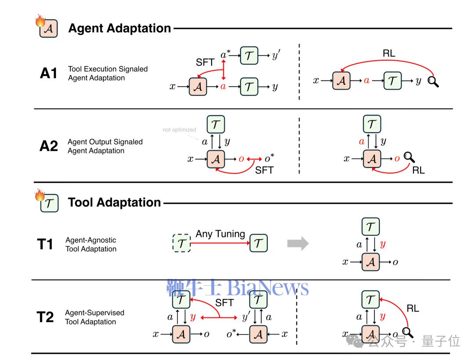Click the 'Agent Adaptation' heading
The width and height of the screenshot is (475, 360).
point(120,29)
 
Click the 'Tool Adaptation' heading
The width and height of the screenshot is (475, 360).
point(114,203)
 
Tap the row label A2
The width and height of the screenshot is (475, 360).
point(48,146)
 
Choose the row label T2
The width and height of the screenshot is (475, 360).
point(45,317)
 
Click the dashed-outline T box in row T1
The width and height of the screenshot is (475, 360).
point(181,243)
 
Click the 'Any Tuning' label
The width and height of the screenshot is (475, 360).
point(220,234)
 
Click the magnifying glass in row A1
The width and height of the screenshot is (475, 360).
point(433,81)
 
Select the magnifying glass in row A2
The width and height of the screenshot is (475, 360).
point(409,157)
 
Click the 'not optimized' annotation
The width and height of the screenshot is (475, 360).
point(179,130)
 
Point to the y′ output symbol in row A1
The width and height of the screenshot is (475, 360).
point(276,56)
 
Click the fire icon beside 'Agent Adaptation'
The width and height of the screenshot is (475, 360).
point(40,21)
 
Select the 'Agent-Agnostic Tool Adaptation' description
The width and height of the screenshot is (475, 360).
point(91,244)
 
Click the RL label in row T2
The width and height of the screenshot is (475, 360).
point(413,309)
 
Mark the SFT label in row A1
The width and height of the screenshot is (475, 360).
point(205,62)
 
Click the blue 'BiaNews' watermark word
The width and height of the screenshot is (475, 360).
point(267,288)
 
